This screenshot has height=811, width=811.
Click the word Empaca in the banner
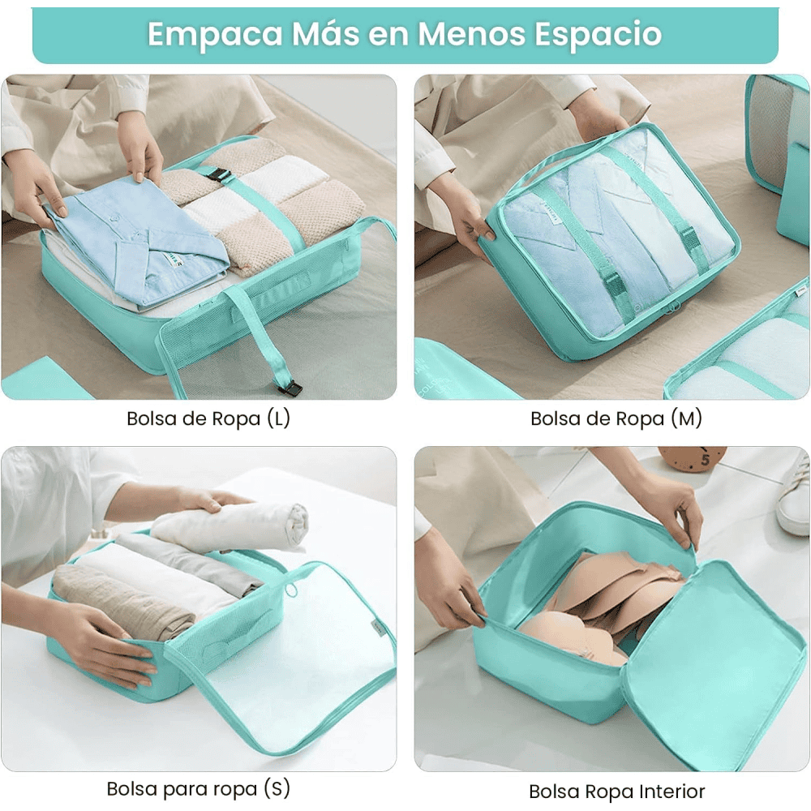(215, 35)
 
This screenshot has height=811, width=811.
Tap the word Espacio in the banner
(598, 35)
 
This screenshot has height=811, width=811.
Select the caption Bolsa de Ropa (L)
(208, 418)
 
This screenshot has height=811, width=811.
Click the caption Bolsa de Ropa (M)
(616, 418)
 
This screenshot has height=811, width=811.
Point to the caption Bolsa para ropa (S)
(198, 789)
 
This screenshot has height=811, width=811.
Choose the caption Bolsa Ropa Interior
(616, 792)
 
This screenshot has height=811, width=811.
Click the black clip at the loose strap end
(290, 388)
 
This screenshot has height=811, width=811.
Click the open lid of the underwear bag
(714, 662)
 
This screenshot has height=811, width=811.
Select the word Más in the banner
(325, 34)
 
